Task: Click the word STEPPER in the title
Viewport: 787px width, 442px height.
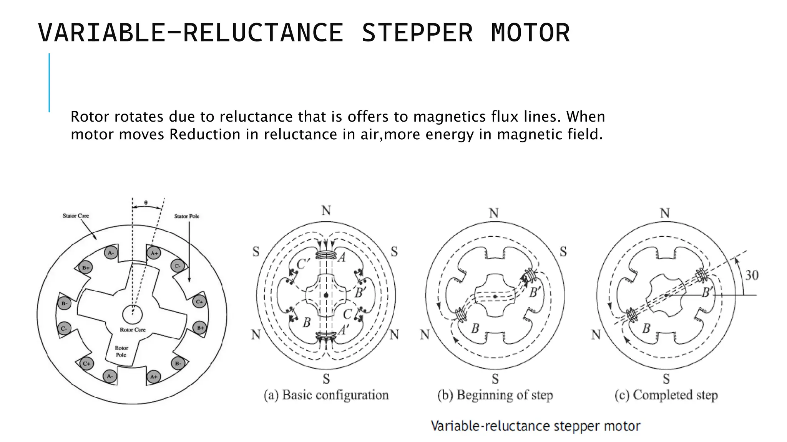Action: click(x=417, y=33)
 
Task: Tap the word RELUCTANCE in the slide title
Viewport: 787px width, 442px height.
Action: click(x=263, y=33)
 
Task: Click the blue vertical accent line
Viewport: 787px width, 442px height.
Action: click(x=49, y=82)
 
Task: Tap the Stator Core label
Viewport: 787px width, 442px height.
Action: click(x=76, y=216)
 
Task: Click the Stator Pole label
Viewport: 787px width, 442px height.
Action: click(x=187, y=216)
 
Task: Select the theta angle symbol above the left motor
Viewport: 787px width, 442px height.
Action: click(x=146, y=202)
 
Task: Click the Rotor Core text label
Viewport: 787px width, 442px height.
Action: click(x=133, y=330)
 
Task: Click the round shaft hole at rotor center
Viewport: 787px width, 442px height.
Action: click(x=132, y=315)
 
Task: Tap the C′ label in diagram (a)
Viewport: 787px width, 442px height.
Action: click(x=303, y=264)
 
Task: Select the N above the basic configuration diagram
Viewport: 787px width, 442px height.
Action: click(x=326, y=211)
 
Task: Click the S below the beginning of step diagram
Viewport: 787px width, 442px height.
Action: click(x=495, y=379)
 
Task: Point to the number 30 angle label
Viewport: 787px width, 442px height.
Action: click(x=752, y=275)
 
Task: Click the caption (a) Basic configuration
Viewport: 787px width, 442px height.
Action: click(x=326, y=395)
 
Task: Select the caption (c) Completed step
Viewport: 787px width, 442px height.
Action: click(x=666, y=395)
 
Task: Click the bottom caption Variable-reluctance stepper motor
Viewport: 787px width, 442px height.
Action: click(x=535, y=426)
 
